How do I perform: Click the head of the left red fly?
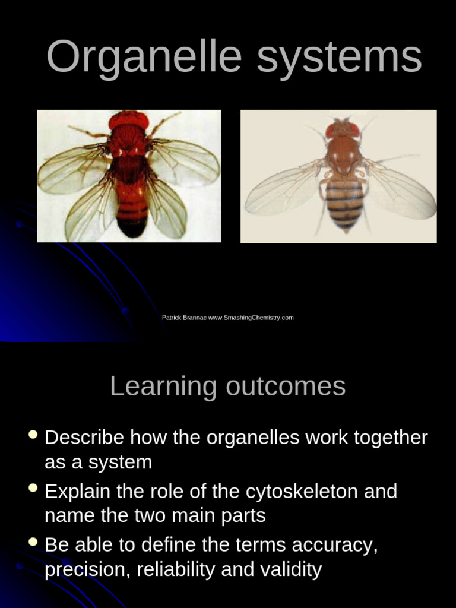tap(129, 120)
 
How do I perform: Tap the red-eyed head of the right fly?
tap(342, 128)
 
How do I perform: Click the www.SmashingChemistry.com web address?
tap(251, 318)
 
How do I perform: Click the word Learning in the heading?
tap(163, 387)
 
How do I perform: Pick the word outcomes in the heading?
tap(286, 387)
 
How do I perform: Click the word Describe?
tap(85, 438)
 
